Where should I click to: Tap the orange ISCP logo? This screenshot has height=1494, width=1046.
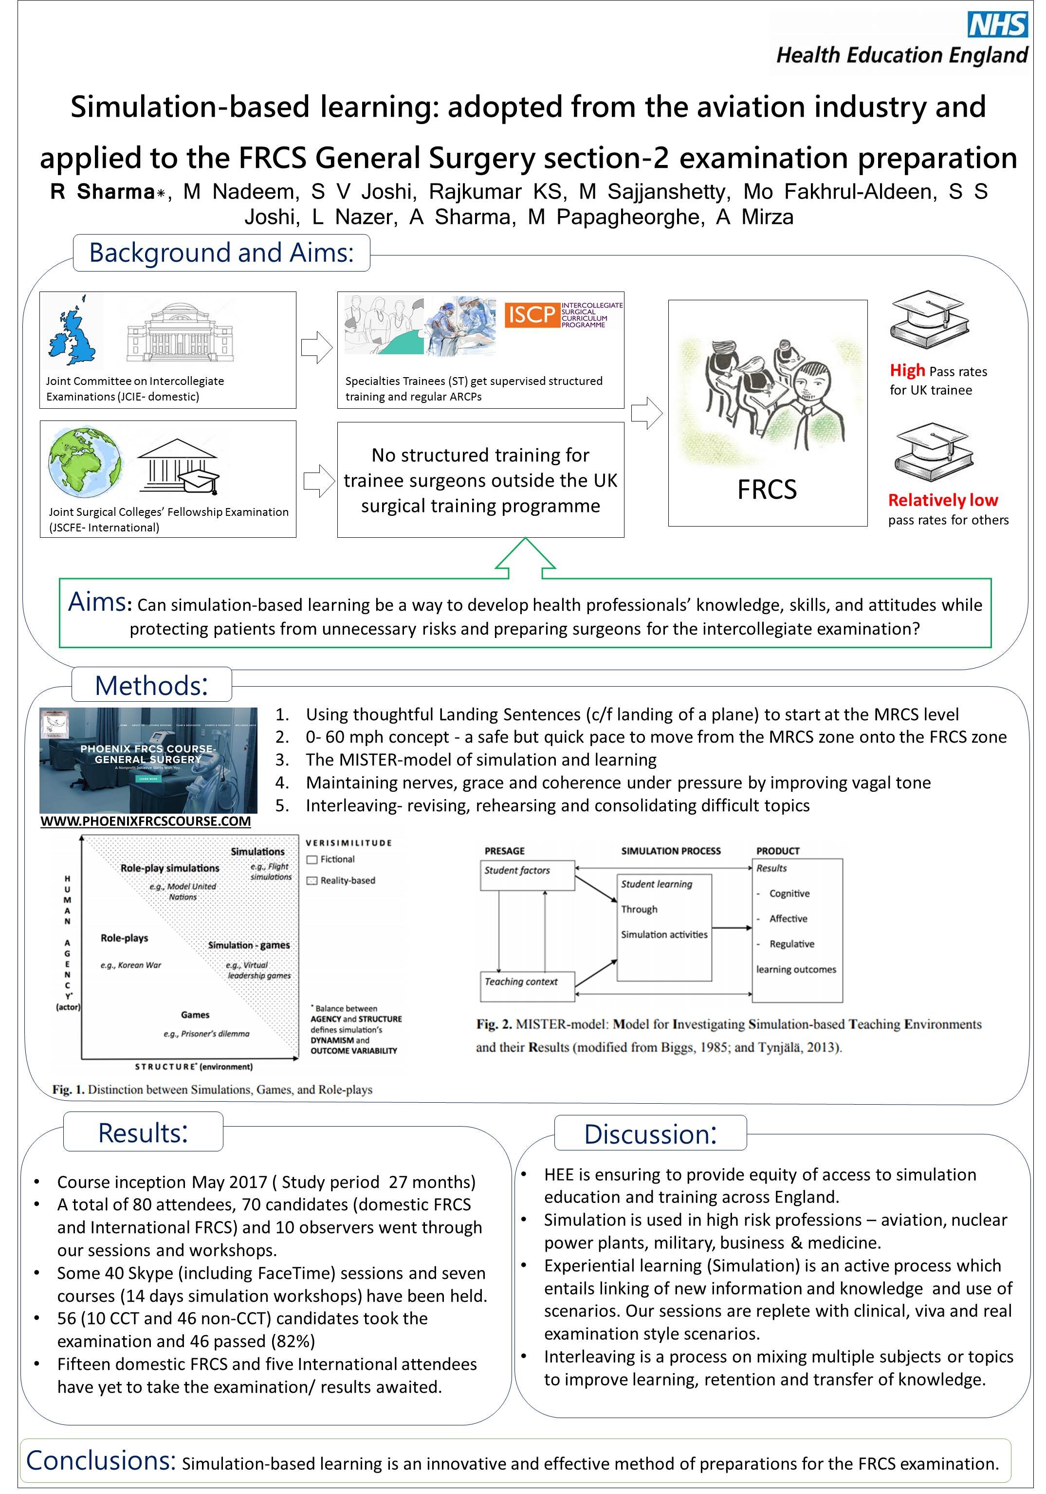[x=531, y=315]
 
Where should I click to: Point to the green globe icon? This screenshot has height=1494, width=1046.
[x=84, y=461]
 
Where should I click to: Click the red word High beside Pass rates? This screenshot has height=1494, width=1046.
[x=907, y=370]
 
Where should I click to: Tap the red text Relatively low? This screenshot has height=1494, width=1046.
[x=942, y=500]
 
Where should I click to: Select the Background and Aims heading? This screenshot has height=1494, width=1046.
[x=221, y=253]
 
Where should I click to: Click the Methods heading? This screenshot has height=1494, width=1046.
[x=151, y=685]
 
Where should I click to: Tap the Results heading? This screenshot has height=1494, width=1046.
[x=143, y=1132]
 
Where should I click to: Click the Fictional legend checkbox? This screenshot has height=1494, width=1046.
[x=312, y=859]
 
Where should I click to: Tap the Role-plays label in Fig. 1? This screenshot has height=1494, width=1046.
[x=124, y=938]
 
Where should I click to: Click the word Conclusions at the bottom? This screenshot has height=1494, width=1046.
[x=101, y=1460]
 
